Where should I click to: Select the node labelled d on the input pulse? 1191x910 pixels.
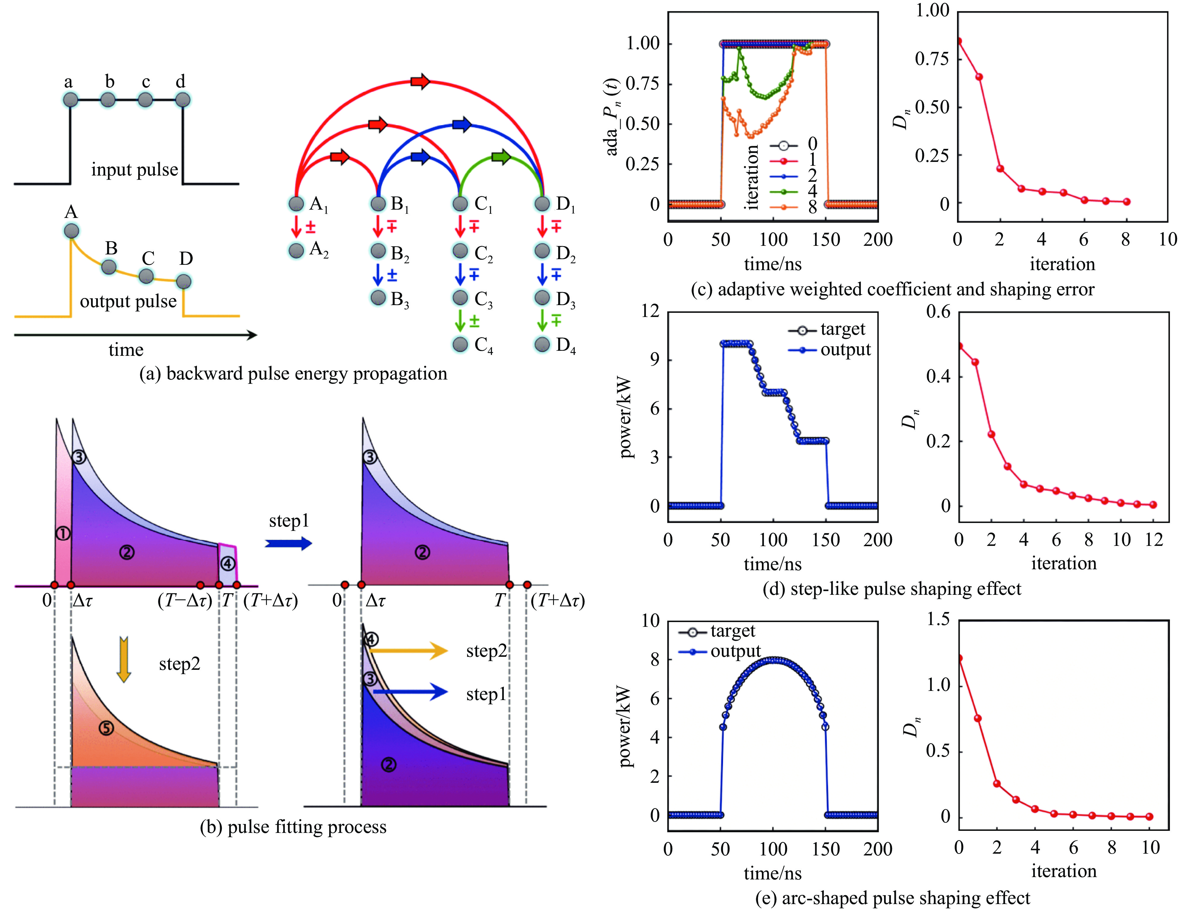pyautogui.click(x=183, y=100)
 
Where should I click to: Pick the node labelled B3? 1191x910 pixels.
pyautogui.click(x=378, y=298)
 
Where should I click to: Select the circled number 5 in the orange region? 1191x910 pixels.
pyautogui.click(x=106, y=728)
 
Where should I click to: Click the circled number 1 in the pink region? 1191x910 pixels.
pyautogui.click(x=63, y=533)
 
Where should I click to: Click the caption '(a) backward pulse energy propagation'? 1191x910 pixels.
pyautogui.click(x=293, y=374)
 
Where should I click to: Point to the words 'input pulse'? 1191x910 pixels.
pyautogui.click(x=134, y=170)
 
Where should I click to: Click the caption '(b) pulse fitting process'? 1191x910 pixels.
pyautogui.click(x=293, y=827)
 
